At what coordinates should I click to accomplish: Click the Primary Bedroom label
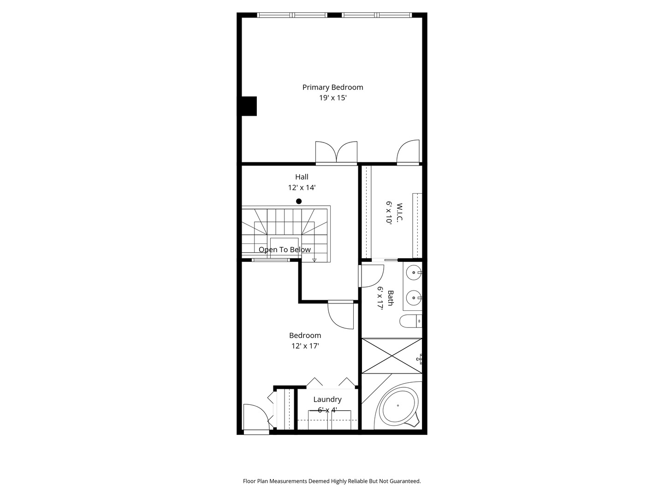(332, 87)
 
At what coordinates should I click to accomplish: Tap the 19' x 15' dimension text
(332, 98)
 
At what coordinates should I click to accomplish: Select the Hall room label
(302, 177)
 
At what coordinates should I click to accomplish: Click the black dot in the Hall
(299, 201)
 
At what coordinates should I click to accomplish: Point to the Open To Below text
(285, 249)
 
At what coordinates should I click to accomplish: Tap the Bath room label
(390, 298)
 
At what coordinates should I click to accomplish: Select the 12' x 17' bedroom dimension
(305, 346)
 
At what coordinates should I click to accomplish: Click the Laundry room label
(327, 399)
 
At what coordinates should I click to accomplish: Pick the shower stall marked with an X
(391, 356)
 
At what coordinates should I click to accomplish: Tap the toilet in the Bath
(411, 321)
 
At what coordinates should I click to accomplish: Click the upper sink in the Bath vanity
(414, 273)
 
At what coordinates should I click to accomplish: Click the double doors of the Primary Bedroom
(336, 153)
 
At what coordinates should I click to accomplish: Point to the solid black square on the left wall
(249, 106)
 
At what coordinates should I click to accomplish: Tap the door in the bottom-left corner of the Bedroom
(255, 418)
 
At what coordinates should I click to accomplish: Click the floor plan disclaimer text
(332, 481)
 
